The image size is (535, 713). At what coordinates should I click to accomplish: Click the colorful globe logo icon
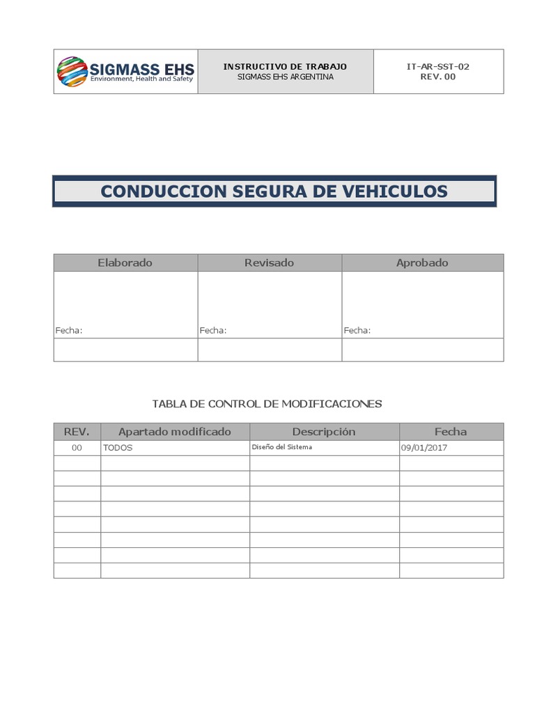[x=72, y=72]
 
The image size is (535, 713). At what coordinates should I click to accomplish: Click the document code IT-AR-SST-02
[x=437, y=66]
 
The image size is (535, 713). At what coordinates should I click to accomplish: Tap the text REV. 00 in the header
[x=437, y=77]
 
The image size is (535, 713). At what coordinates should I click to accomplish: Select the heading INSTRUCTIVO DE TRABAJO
[x=285, y=66]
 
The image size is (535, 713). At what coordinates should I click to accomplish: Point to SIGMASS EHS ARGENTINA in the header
[x=285, y=77]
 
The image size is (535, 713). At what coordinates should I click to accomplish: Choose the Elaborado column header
[x=125, y=263]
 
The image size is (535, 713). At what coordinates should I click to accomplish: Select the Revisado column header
[x=269, y=263]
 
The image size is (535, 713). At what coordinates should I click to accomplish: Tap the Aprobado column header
[x=422, y=263]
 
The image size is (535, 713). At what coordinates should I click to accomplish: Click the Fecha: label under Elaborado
[x=69, y=331]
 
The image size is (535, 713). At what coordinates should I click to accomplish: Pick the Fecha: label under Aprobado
[x=357, y=331]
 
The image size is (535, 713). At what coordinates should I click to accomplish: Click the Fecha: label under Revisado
[x=213, y=331]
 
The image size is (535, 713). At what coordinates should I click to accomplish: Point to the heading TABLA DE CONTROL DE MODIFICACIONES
[x=267, y=404]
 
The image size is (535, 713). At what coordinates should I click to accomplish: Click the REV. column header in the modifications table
[x=77, y=432]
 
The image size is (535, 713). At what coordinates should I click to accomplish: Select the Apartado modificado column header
[x=174, y=432]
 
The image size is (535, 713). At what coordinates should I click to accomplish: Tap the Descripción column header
[x=324, y=432]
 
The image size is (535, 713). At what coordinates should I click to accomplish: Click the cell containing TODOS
[x=118, y=448]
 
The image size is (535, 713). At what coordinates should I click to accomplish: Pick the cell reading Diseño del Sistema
[x=281, y=447]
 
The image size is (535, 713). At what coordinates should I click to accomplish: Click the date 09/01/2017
[x=424, y=448]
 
